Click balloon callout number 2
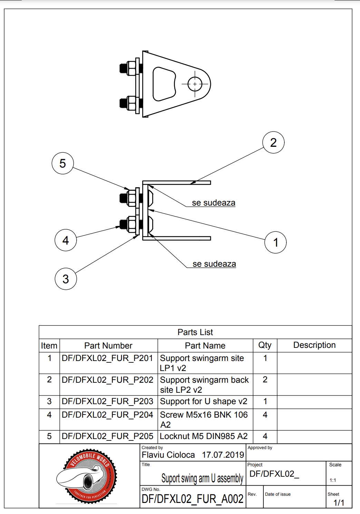click(x=273, y=142)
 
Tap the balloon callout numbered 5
click(x=62, y=163)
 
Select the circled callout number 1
click(x=275, y=242)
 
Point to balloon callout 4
click(x=66, y=240)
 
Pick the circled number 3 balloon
click(x=66, y=279)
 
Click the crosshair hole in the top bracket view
click(x=195, y=84)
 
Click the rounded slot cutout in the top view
click(x=164, y=84)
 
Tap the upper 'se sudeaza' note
click(x=214, y=203)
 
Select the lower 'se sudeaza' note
click(x=214, y=264)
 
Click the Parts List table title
click(x=195, y=332)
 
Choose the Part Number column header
click(x=108, y=345)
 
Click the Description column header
click(x=314, y=345)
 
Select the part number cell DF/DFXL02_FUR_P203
click(x=107, y=401)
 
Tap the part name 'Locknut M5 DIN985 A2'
click(x=204, y=436)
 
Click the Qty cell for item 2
click(x=265, y=380)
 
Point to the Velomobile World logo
click(x=87, y=476)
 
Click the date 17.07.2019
click(x=223, y=455)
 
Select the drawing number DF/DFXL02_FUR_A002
click(x=193, y=499)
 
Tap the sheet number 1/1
click(x=339, y=503)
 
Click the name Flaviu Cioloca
click(x=168, y=455)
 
